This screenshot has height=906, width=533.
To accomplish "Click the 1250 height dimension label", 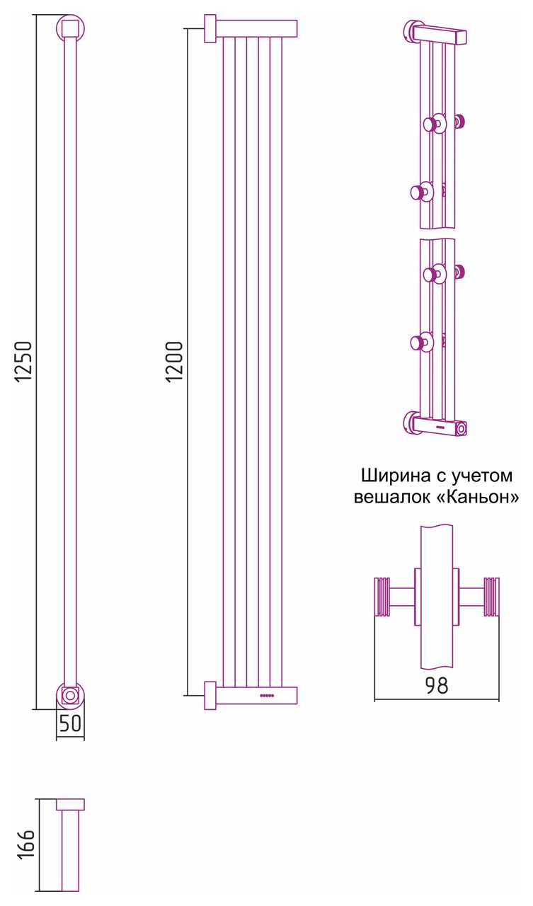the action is point(24,361).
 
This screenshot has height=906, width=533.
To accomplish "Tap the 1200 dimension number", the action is point(175,361).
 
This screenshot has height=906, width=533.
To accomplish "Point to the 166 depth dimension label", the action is point(27,844).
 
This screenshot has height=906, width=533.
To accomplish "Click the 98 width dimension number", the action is point(437,685).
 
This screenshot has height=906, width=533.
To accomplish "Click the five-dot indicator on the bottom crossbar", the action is point(267,695).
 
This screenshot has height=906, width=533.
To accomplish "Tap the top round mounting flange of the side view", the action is point(70,28).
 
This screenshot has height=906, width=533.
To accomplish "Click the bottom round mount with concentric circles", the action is point(70,696).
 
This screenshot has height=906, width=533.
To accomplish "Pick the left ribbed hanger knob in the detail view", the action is point(382,596).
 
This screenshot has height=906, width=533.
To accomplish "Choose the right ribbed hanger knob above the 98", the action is point(491,596).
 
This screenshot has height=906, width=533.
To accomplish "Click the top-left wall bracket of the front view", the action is point(210,29).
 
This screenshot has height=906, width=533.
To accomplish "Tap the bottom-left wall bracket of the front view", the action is point(210,695).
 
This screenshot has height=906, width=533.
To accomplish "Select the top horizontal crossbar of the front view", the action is point(256,29).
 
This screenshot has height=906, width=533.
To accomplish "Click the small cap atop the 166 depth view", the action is point(70,805).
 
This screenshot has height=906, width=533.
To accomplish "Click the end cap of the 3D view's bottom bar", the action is point(461,429).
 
